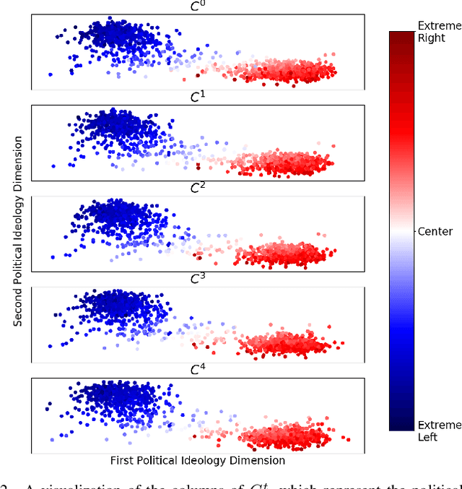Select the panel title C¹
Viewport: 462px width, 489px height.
(x=197, y=97)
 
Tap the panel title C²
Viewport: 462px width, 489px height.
(x=197, y=188)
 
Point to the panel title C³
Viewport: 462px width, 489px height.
(x=197, y=279)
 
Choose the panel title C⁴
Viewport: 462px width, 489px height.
(x=197, y=370)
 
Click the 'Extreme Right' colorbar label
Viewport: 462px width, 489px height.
(x=439, y=31)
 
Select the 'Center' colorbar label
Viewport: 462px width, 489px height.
(x=435, y=232)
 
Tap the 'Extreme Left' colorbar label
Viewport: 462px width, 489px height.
(x=439, y=430)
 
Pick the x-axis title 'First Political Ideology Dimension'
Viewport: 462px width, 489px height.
(x=197, y=460)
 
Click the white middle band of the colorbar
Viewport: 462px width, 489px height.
(x=401, y=232)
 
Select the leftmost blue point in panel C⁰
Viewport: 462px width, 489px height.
(x=51, y=74)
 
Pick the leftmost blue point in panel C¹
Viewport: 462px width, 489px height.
(x=54, y=166)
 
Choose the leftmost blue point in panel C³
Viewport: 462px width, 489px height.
(x=50, y=346)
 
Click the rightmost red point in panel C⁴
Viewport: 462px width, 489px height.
(x=349, y=438)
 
